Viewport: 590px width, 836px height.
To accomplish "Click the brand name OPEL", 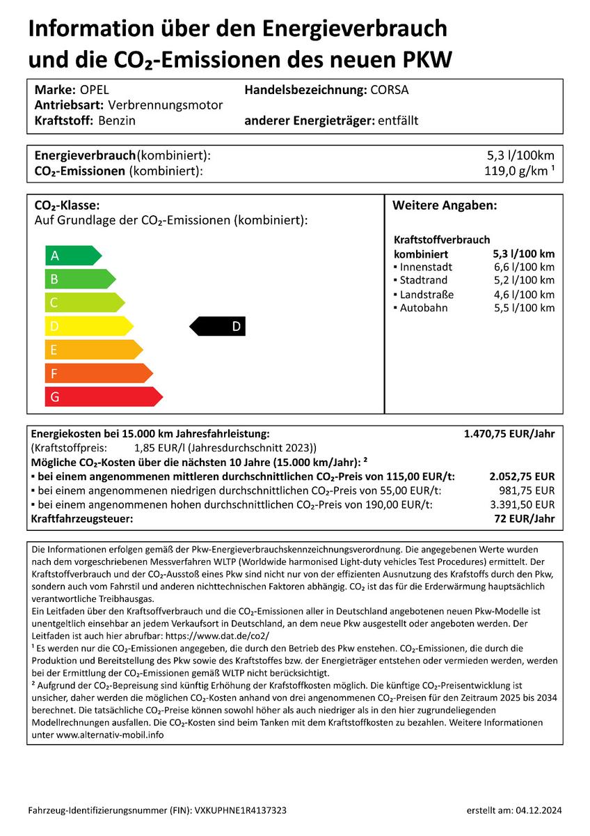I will (95, 90).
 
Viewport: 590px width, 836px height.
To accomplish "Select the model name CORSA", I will (390, 90).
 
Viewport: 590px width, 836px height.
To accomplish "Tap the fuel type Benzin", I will (116, 121).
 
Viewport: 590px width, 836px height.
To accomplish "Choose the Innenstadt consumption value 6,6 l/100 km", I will (524, 267).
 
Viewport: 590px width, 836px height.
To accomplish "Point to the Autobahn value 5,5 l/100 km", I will (524, 308).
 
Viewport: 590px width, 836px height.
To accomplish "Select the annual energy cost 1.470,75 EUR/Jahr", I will (509, 433).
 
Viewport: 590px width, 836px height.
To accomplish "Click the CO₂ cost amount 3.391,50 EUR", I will (522, 504).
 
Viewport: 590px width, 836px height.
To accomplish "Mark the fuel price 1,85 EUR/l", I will (158, 448).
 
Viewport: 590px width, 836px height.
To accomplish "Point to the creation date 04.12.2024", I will (539, 810).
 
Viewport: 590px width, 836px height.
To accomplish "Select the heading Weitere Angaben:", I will (445, 206).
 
